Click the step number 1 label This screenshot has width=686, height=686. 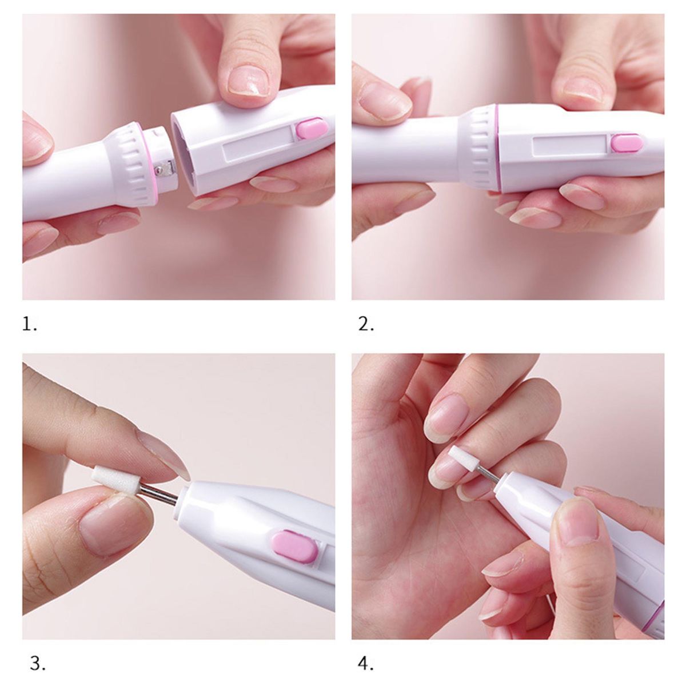(29, 324)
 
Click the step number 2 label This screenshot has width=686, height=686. (366, 324)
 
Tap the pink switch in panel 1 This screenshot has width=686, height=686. (312, 129)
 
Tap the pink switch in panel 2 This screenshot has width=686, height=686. (627, 143)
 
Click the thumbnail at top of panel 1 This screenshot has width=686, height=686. (249, 81)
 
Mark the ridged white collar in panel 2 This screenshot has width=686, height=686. (479, 147)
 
